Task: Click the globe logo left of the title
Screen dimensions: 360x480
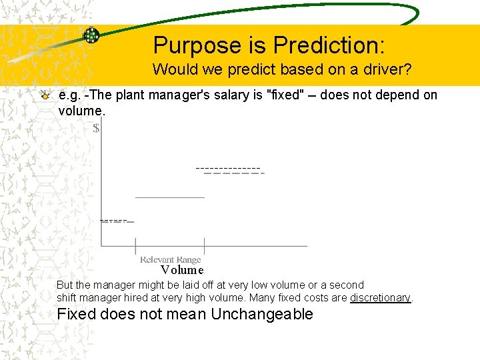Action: click(91, 35)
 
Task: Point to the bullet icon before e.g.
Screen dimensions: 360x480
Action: click(45, 95)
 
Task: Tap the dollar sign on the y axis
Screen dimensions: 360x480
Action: click(97, 128)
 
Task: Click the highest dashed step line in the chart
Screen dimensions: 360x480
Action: click(230, 169)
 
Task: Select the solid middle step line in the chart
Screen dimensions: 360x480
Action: click(170, 197)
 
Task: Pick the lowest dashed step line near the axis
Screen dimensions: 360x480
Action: click(116, 220)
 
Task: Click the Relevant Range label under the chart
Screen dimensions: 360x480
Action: click(170, 259)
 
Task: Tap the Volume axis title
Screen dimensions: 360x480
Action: click(182, 270)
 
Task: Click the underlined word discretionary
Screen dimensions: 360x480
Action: click(380, 297)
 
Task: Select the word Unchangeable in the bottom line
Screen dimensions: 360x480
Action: click(261, 314)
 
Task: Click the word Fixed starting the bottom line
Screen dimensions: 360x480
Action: click(77, 314)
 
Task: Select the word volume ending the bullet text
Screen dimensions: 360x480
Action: click(81, 110)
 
